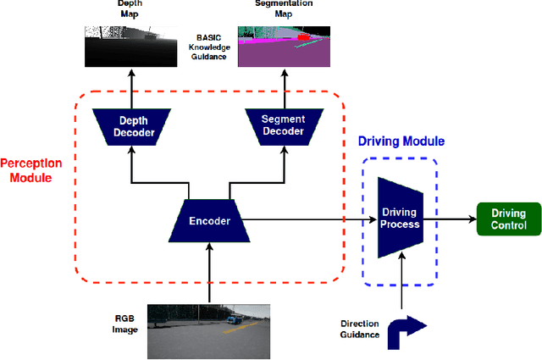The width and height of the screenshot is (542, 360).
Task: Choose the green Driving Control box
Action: (508, 219)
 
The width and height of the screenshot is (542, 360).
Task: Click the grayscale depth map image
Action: (130, 46)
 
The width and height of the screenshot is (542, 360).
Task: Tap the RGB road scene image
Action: (208, 331)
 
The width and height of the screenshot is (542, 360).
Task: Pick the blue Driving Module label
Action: (402, 141)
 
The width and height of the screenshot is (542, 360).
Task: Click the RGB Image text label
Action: (125, 321)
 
